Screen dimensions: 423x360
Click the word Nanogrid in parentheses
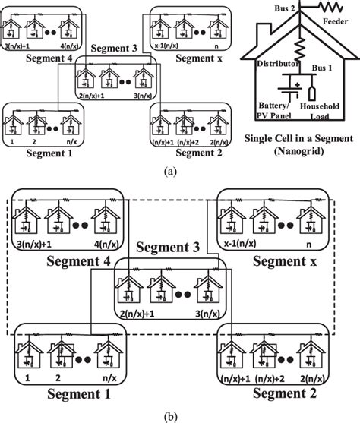pyautogui.click(x=298, y=151)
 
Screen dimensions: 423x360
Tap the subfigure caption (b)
pyautogui.click(x=179, y=415)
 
